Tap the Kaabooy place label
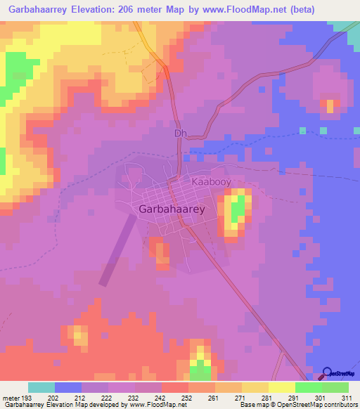pyautogui.click(x=212, y=181)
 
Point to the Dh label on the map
pyautogui.click(x=179, y=132)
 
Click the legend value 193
pyautogui.click(x=28, y=398)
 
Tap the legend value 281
pyautogui.click(x=267, y=398)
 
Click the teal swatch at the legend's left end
pyautogui.click(x=41, y=387)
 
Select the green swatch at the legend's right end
pyautogui.click(x=335, y=387)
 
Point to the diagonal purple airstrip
pyautogui.click(x=117, y=249)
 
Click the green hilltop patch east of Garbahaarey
pyautogui.click(x=238, y=208)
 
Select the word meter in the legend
pyautogui.click(x=11, y=398)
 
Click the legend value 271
pyautogui.click(x=240, y=398)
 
